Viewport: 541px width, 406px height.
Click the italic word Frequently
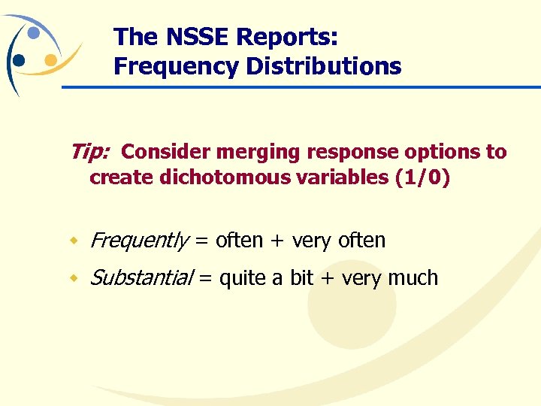[x=139, y=241]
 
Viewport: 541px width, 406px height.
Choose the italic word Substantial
[x=140, y=278]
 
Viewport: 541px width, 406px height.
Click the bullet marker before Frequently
[x=74, y=241]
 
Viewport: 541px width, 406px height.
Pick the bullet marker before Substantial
[x=74, y=279]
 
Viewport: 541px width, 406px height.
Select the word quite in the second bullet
[x=242, y=278]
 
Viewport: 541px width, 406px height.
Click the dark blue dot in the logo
[x=20, y=60]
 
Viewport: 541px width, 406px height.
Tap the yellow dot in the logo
[x=50, y=59]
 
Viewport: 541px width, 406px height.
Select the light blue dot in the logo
[x=34, y=33]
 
